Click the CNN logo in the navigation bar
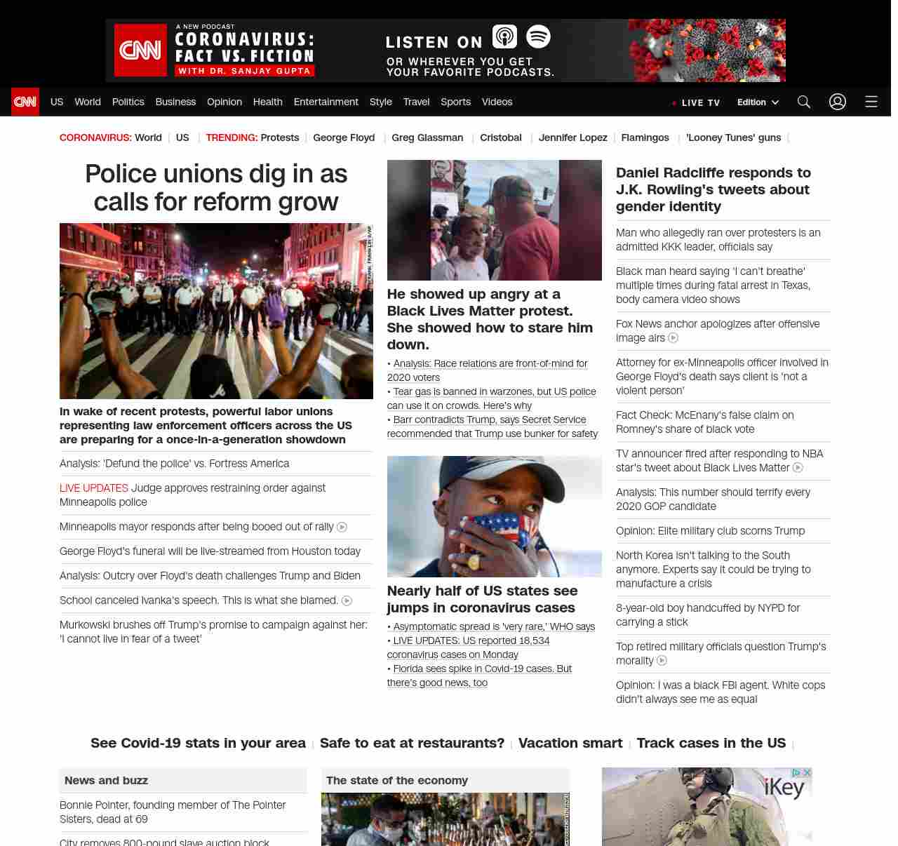click(25, 102)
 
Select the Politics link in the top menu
click(128, 102)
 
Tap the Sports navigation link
click(455, 102)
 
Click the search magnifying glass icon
click(804, 102)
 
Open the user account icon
click(838, 102)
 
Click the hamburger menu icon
click(871, 102)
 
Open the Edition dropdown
click(758, 102)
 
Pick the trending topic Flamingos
click(645, 137)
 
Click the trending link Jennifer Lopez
click(572, 137)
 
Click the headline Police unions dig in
click(216, 188)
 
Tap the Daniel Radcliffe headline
click(713, 189)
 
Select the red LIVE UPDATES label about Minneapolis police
click(94, 488)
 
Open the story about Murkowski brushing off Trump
click(213, 631)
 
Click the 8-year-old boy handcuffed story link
click(707, 615)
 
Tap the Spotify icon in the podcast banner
click(538, 36)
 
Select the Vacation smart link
click(570, 743)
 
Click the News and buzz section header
click(106, 780)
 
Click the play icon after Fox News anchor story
click(673, 338)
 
